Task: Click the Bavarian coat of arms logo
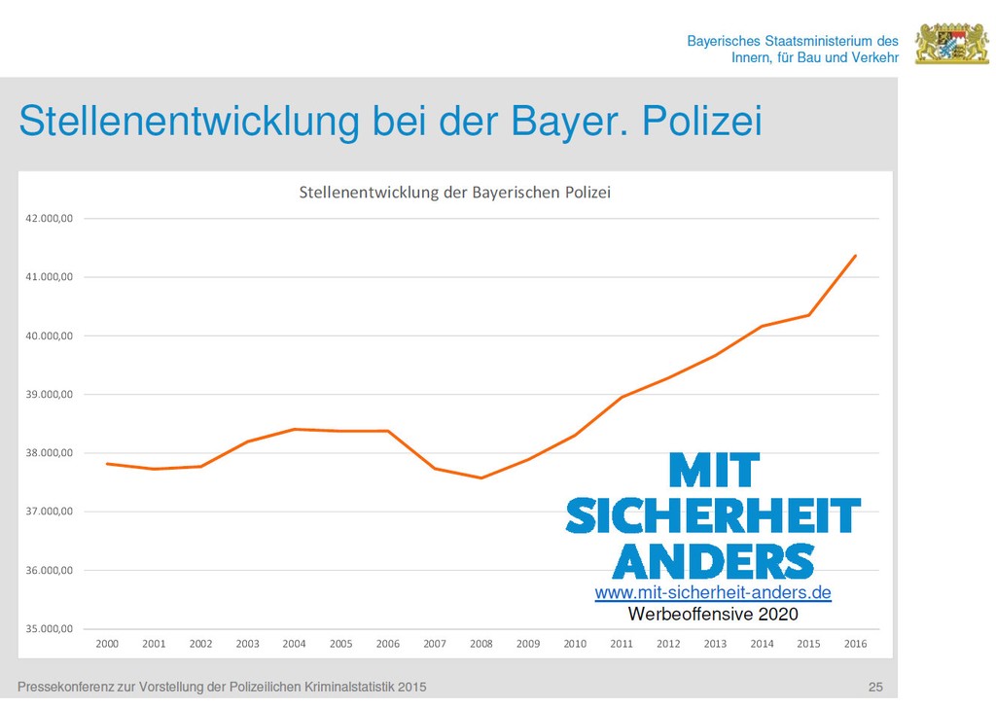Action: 951,45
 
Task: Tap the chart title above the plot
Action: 454,192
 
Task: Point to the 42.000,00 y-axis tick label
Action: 50,219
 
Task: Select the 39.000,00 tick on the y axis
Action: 50,395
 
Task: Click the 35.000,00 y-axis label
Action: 50,629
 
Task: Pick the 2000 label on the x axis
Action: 107,644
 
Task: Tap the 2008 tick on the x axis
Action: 481,644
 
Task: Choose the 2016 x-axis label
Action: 856,644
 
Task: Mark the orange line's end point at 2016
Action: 856,255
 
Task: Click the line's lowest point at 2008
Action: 481,477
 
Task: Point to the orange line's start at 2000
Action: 107,464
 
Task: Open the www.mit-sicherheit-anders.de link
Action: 713,592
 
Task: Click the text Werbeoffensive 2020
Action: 713,614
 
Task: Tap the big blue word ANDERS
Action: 713,562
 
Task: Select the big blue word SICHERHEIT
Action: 713,516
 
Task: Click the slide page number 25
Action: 875,689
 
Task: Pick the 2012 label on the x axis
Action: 668,644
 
